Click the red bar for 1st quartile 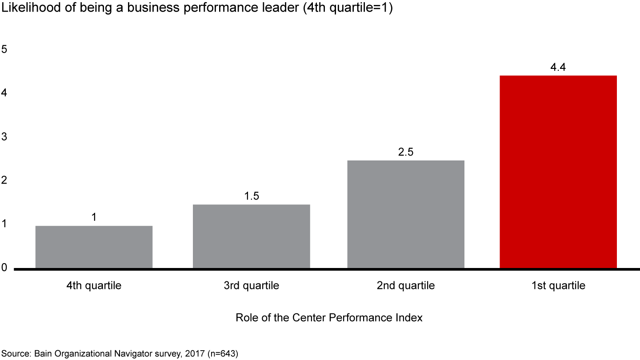pos(558,172)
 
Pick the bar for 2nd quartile pos(406,214)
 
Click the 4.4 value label pos(558,68)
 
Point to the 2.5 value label pos(406,152)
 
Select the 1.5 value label pos(252,196)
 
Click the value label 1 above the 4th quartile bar pos(94,217)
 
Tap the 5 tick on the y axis pos(4,49)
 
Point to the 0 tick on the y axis pos(4,268)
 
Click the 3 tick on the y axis pos(4,137)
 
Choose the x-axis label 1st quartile pos(558,285)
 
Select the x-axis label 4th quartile pos(94,285)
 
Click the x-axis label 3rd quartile pos(252,285)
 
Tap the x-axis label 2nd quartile pos(406,285)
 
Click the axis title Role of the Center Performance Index pos(329,318)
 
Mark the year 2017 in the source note pos(198,354)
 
